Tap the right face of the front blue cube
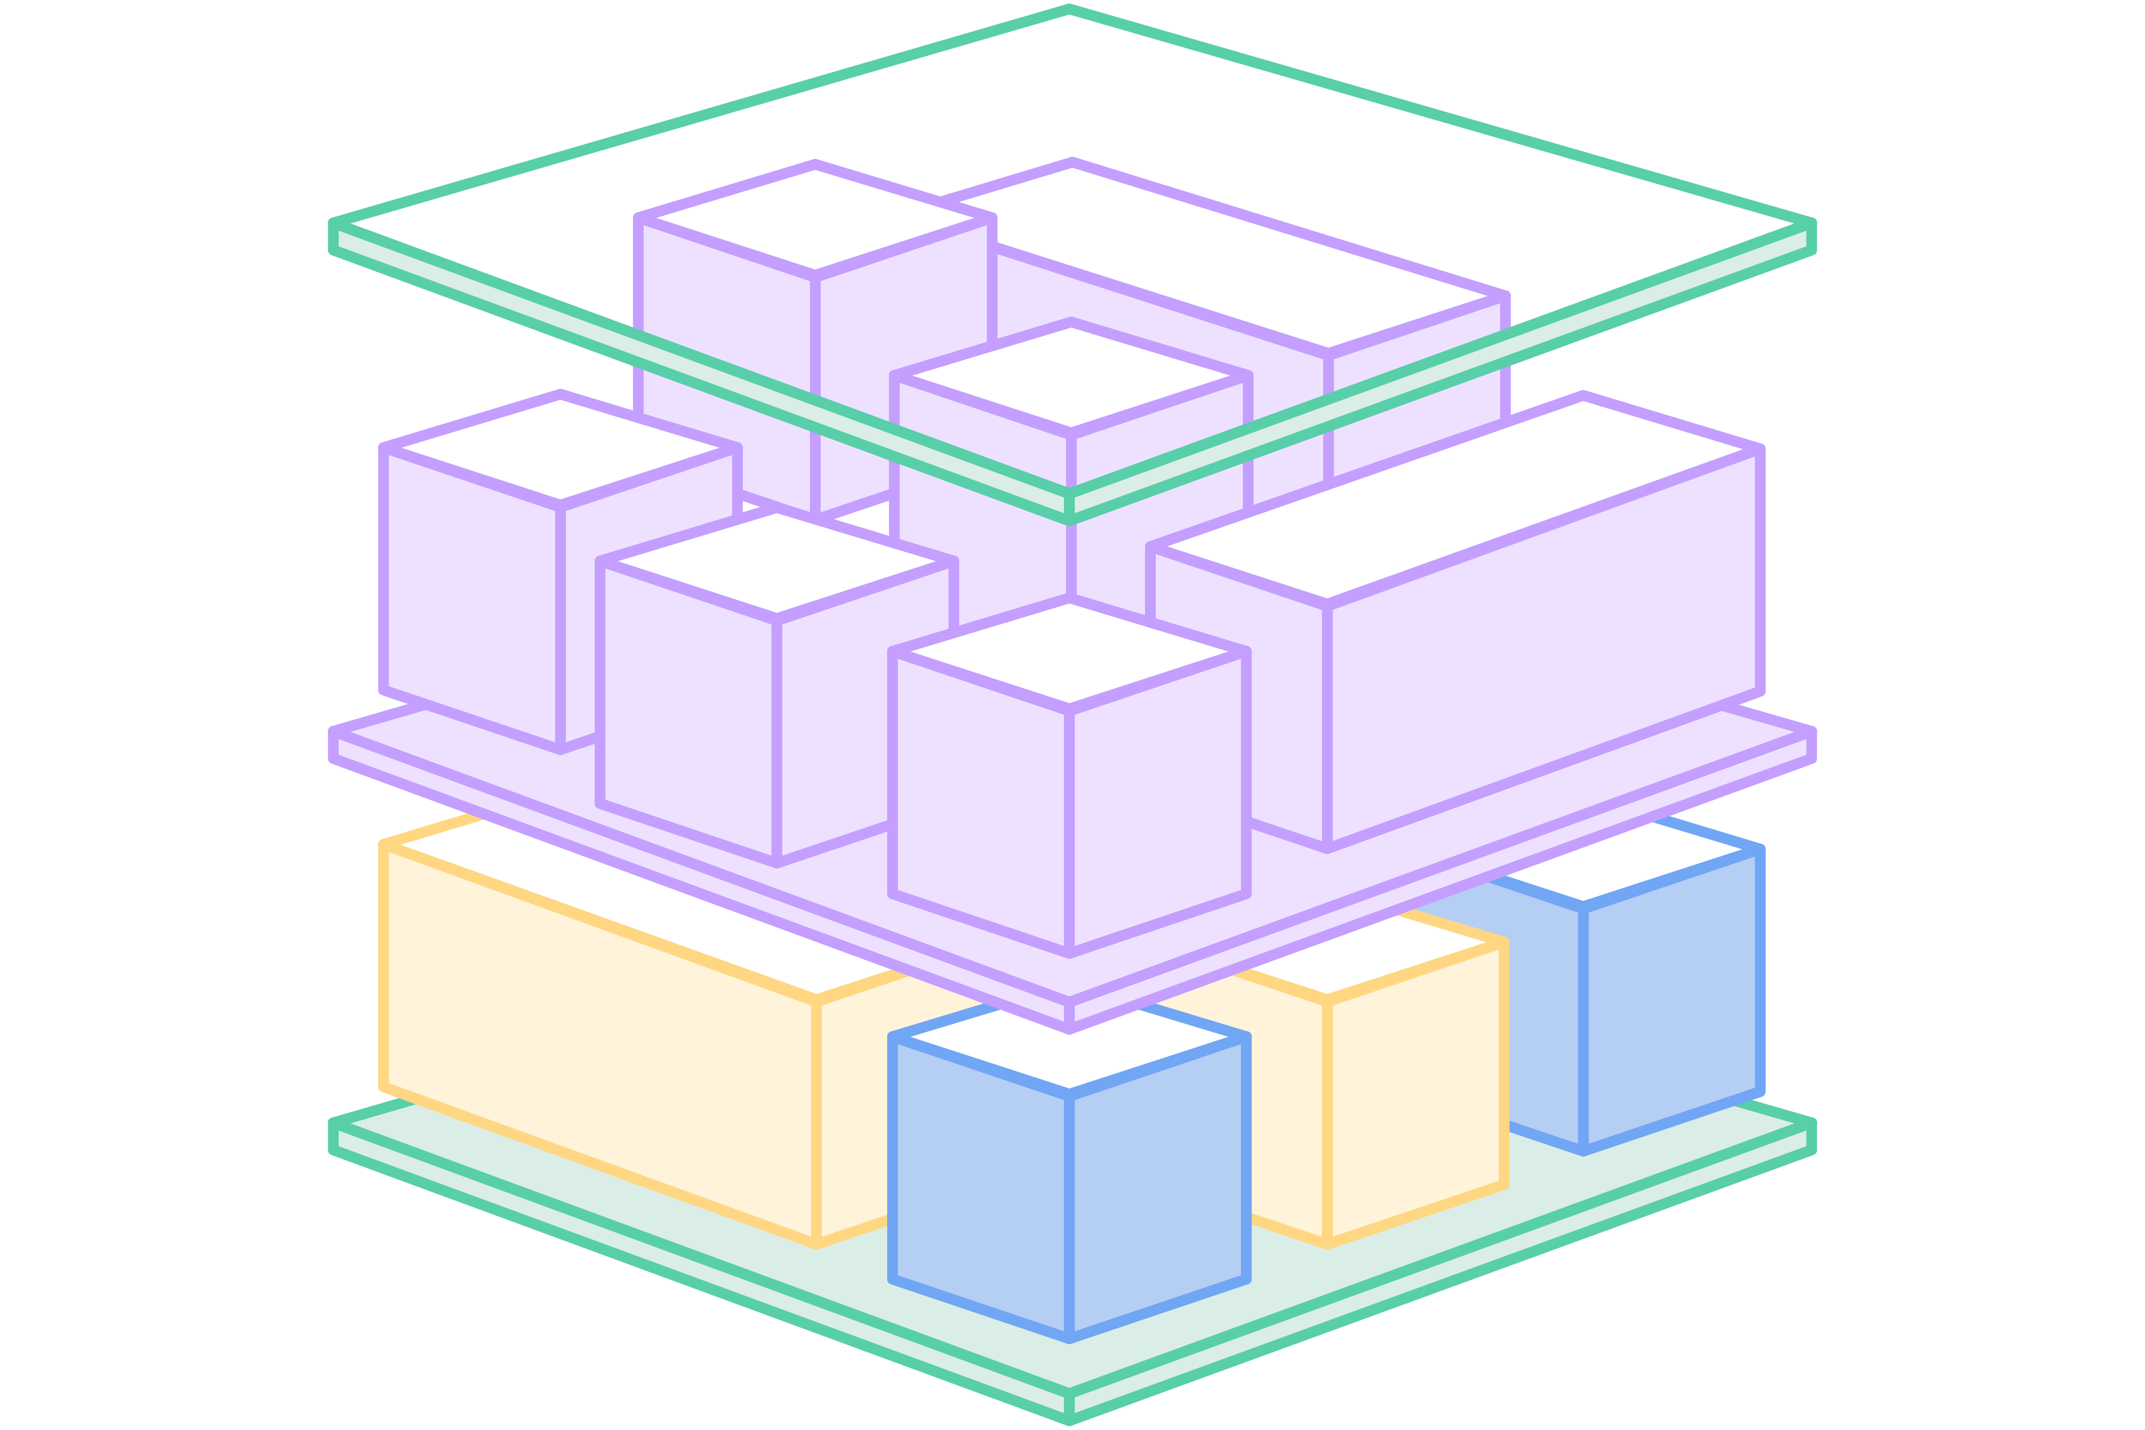pos(1158,1186)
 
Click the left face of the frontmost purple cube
pos(980,802)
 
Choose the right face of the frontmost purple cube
pos(1158,802)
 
